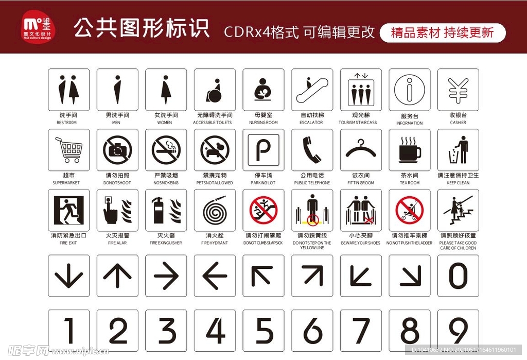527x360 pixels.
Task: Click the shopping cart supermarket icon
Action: tap(68, 150)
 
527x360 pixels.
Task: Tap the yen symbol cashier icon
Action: tap(458, 90)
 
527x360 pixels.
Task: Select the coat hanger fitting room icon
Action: tap(361, 150)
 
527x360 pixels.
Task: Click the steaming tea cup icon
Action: tap(410, 150)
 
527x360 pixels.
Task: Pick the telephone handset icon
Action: tap(312, 150)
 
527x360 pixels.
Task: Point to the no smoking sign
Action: tap(166, 150)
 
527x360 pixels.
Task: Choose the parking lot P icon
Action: tap(263, 150)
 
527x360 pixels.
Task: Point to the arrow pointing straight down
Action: tap(68, 276)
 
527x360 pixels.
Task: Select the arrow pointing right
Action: tap(166, 276)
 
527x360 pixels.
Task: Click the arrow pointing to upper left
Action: tap(263, 276)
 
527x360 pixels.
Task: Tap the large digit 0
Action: tap(458, 276)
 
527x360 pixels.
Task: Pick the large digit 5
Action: tap(263, 330)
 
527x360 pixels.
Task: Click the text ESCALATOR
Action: tap(311, 123)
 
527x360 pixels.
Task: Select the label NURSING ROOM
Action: tap(263, 123)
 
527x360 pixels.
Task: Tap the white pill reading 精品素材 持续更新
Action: tap(443, 33)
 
